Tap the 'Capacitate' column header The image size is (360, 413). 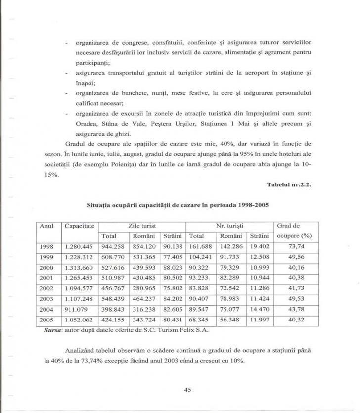tap(79, 226)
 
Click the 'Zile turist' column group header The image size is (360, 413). tap(141, 226)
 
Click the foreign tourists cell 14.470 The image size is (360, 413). tap(259, 309)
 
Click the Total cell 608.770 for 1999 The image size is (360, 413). tap(112, 256)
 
